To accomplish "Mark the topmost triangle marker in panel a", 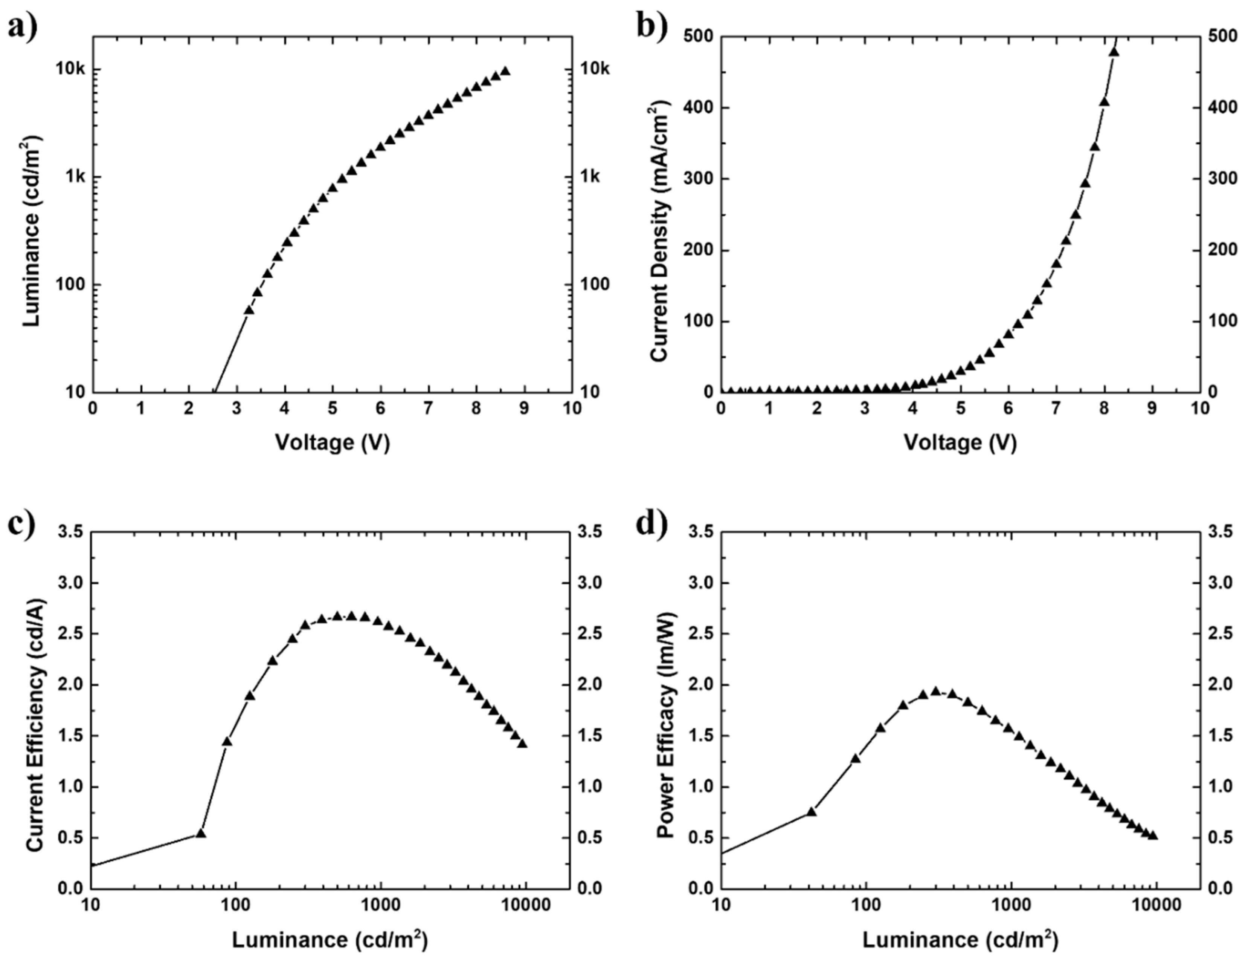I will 505,71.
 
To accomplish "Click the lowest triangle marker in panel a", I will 249,310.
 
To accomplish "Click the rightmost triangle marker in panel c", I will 522,744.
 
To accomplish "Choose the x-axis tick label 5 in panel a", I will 333,409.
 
